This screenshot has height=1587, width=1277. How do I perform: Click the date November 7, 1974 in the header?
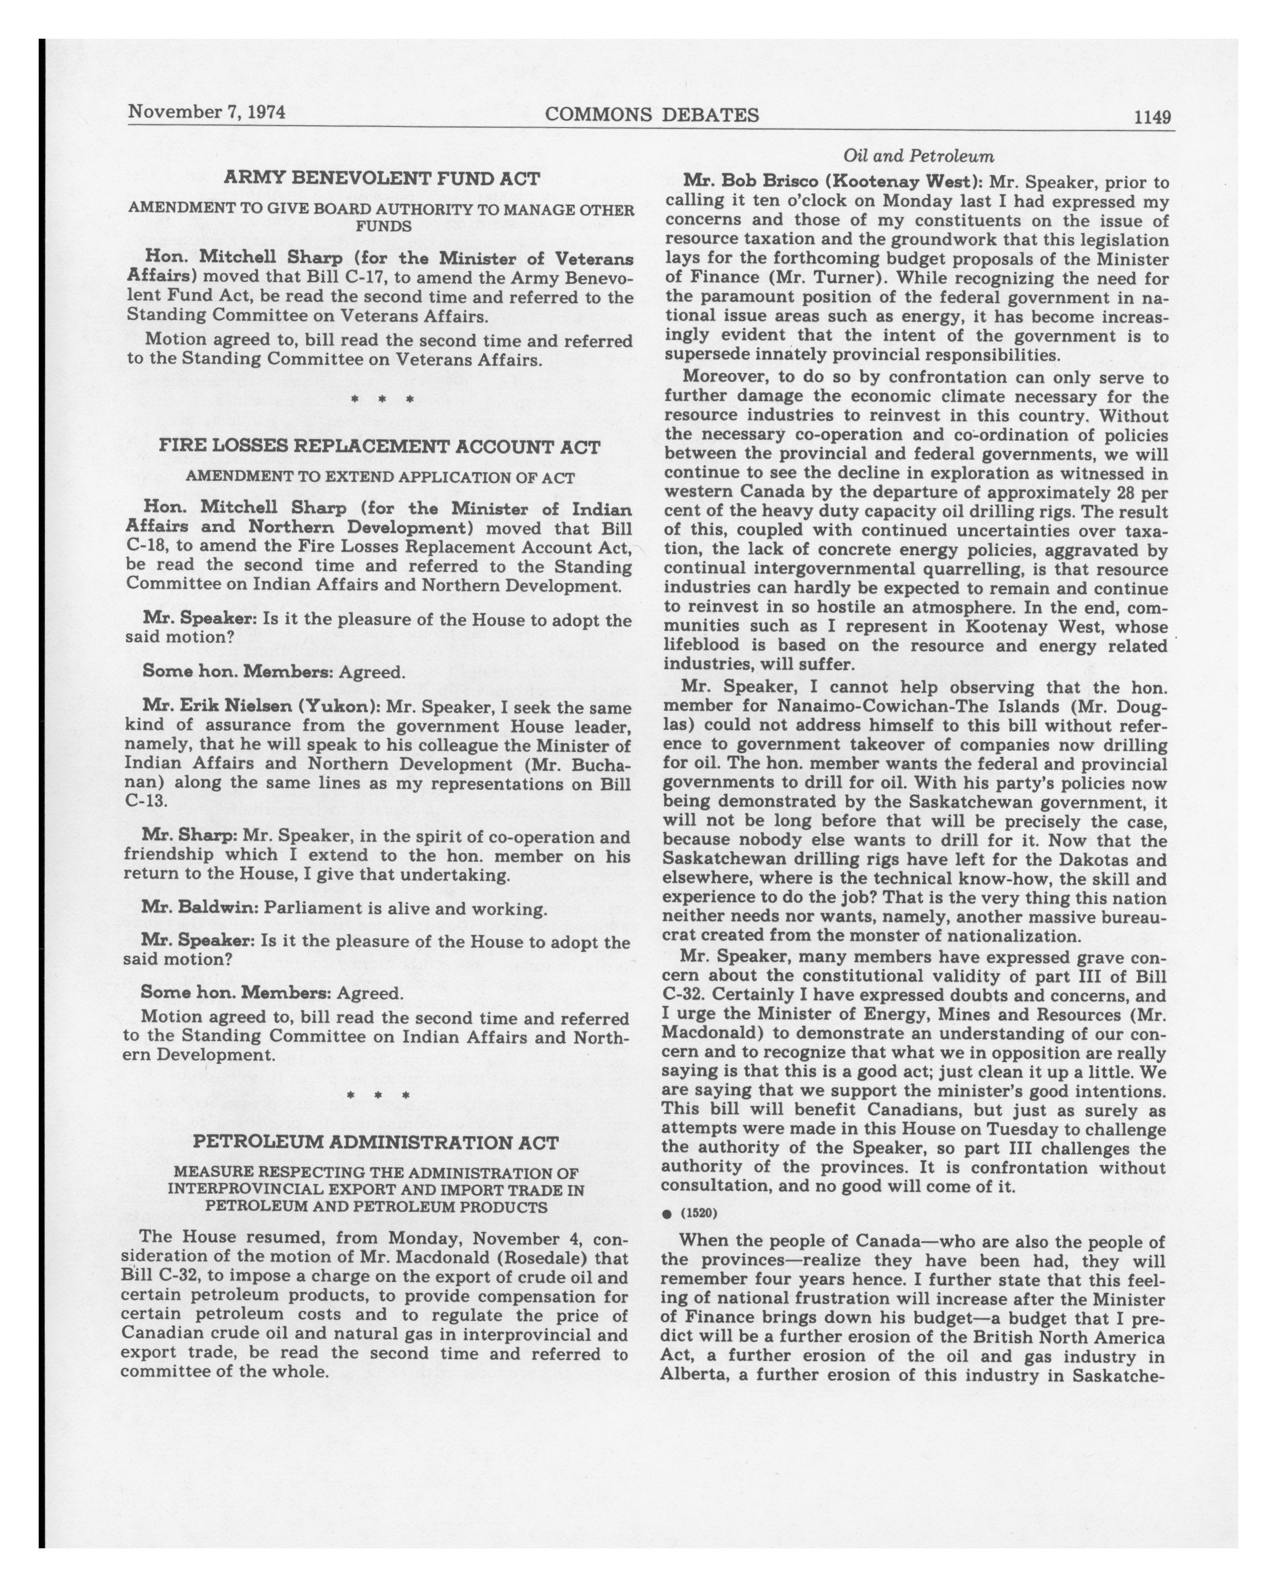click(207, 112)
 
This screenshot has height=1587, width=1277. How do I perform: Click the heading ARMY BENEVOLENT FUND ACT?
click(381, 178)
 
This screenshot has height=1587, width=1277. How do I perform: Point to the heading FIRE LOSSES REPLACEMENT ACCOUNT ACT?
click(380, 447)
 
